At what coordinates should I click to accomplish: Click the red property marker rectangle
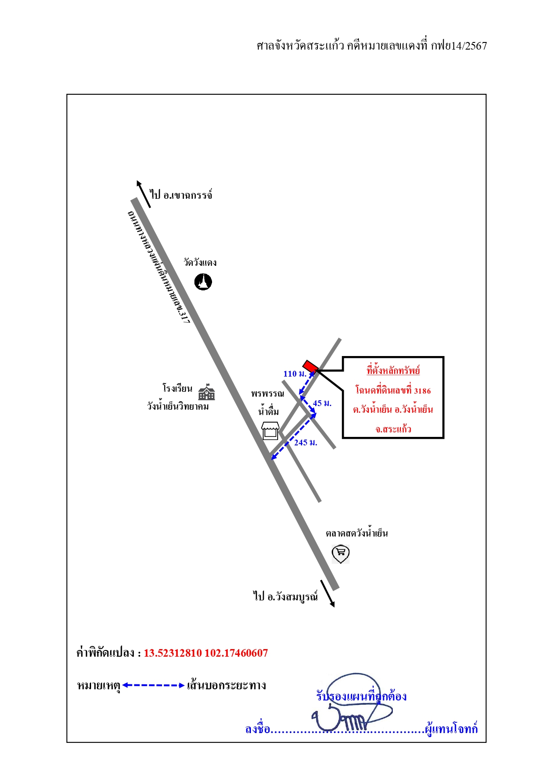pyautogui.click(x=311, y=366)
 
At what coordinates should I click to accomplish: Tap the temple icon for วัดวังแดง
pyautogui.click(x=203, y=282)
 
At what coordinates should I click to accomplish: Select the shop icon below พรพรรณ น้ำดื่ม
pyautogui.click(x=270, y=431)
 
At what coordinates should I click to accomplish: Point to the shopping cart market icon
pyautogui.click(x=341, y=554)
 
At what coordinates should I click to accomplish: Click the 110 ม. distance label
pyautogui.click(x=295, y=374)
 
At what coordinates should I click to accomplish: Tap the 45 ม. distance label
pyautogui.click(x=322, y=403)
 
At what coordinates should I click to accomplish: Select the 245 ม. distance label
pyautogui.click(x=306, y=443)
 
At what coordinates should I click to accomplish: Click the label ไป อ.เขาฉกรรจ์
pyautogui.click(x=181, y=195)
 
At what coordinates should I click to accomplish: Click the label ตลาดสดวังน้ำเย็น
pyautogui.click(x=357, y=533)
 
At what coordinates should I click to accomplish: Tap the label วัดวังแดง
pyautogui.click(x=200, y=262)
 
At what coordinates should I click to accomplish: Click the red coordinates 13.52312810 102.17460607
pyautogui.click(x=206, y=653)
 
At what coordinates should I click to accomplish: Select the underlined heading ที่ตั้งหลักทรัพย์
pyautogui.click(x=393, y=370)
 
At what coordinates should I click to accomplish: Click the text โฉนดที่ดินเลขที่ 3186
pyautogui.click(x=393, y=390)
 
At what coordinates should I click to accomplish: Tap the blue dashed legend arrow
pyautogui.click(x=154, y=685)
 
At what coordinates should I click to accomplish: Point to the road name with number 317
pyautogui.click(x=159, y=267)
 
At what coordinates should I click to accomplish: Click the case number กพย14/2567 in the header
pyautogui.click(x=459, y=46)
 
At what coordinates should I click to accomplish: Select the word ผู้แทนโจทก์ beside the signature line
pyautogui.click(x=451, y=729)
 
